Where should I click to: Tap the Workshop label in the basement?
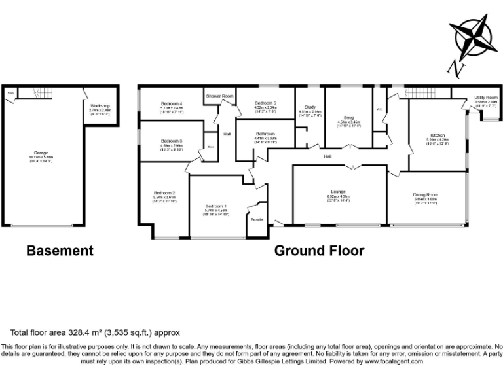point(100,106)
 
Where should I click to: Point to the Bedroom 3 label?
point(172,141)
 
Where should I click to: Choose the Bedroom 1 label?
point(216,207)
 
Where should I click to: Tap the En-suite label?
point(257,219)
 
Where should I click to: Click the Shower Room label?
point(219,96)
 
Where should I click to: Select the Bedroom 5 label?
point(265,103)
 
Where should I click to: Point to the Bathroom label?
point(265,134)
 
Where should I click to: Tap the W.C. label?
point(379,109)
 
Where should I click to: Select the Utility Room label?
point(486,98)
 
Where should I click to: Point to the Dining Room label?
point(426,195)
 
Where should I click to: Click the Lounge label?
point(339,192)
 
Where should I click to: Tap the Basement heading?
point(60,250)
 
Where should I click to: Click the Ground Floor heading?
point(319,250)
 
